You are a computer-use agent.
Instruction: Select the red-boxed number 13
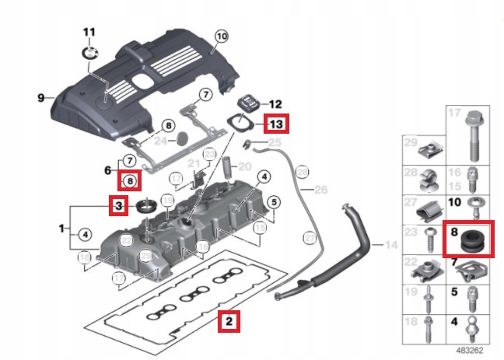(x=276, y=124)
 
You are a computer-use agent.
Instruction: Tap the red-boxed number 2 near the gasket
(x=228, y=319)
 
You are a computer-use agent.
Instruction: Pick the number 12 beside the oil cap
(x=273, y=103)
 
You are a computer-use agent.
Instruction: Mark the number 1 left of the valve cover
(x=62, y=229)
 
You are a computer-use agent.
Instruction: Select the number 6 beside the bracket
(x=109, y=170)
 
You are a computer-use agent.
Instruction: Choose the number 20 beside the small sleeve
(x=244, y=166)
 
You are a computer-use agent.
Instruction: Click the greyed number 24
(x=160, y=141)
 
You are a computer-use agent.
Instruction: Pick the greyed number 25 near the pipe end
(x=273, y=144)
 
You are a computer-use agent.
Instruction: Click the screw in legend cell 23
(x=432, y=242)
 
